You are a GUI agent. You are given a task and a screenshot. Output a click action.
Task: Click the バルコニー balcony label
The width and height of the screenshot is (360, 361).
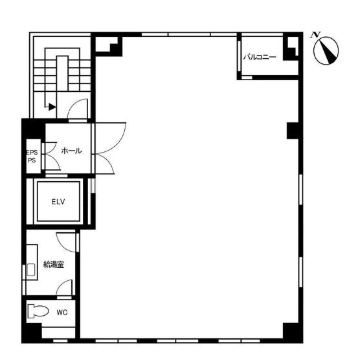260,58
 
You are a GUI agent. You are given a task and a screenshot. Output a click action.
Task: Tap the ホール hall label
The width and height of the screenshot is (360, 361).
71,150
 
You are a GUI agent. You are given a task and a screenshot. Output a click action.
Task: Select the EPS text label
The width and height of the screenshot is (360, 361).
32,153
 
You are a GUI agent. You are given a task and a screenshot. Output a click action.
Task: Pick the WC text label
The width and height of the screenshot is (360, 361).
62,312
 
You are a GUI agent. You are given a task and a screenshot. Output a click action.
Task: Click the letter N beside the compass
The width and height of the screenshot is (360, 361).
314,34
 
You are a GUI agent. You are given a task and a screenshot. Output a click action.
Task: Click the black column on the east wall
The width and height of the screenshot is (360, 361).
293,130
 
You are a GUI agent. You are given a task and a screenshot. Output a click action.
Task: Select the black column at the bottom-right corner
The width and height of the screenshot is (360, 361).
293,331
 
